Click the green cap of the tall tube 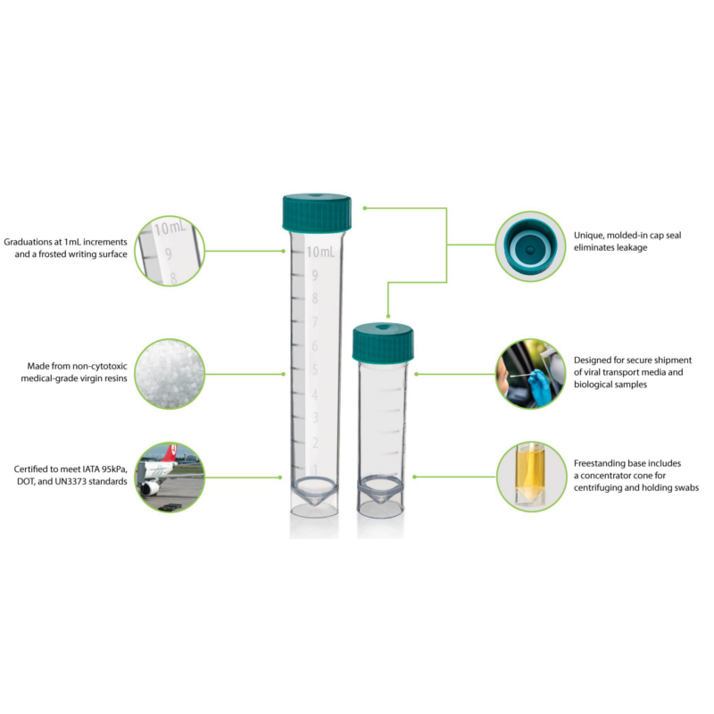(x=317, y=212)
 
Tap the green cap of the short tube (x=383, y=344)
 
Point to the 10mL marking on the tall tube (x=320, y=252)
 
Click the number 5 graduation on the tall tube (x=315, y=369)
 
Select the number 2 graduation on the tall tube (x=315, y=443)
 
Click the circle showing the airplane (x=170, y=477)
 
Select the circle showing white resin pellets (x=170, y=374)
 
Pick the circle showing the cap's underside (x=530, y=246)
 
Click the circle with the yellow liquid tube (x=531, y=477)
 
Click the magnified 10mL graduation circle (x=170, y=251)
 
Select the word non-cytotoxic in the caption (x=100, y=366)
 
